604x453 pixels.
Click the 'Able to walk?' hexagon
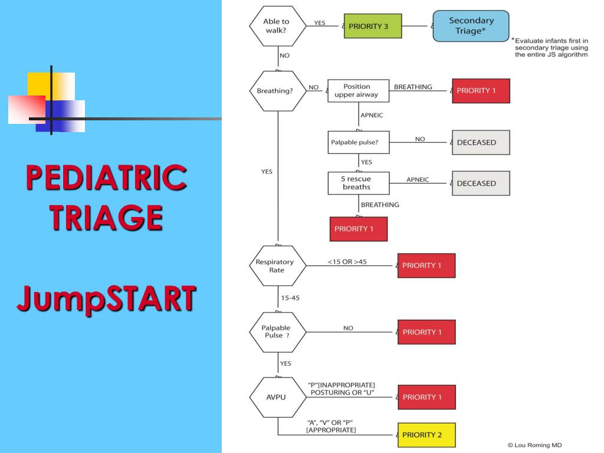[276, 26]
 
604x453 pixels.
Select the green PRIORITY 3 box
[372, 26]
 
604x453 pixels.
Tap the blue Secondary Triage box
[471, 26]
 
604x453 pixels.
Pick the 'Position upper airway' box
[358, 91]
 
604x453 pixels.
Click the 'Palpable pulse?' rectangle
[358, 142]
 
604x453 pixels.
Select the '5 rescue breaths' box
[358, 183]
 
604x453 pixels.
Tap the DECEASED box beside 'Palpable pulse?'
[480, 142]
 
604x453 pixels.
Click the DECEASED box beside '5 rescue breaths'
[480, 183]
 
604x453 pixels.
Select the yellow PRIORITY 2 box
[426, 435]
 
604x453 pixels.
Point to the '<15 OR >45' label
[347, 261]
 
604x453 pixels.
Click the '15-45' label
[290, 298]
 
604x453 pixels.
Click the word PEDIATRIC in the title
[106, 178]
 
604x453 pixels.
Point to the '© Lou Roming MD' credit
[535, 445]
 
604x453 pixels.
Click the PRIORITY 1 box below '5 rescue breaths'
[358, 229]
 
